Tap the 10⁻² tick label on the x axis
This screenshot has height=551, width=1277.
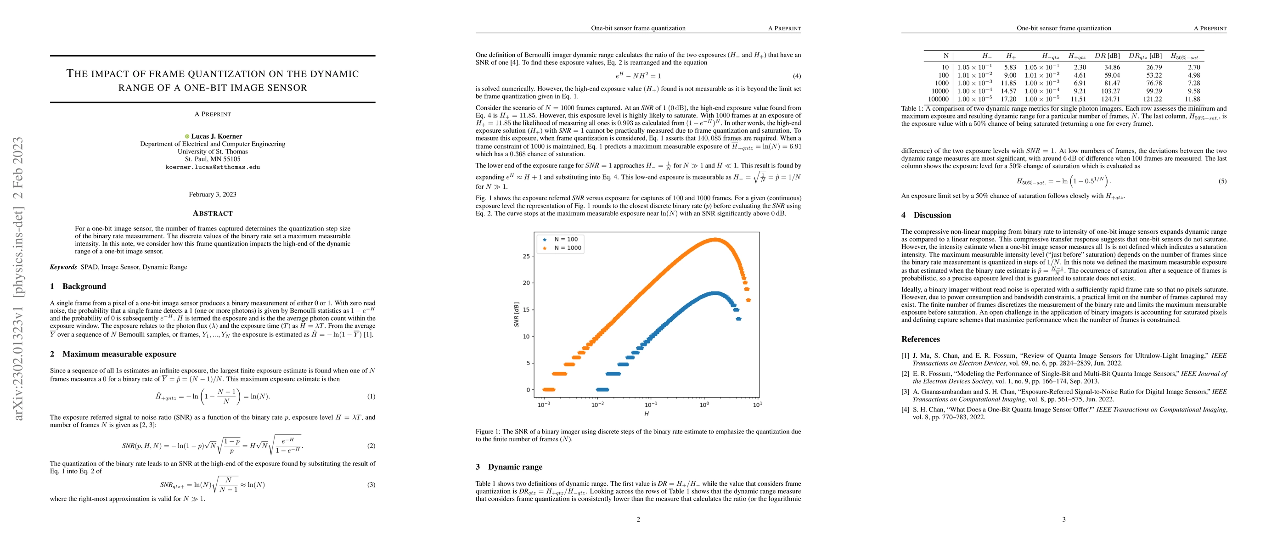[597, 405]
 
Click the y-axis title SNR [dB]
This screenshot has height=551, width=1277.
[517, 314]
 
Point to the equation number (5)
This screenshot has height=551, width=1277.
[1222, 181]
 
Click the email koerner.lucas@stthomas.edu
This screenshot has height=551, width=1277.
[212, 167]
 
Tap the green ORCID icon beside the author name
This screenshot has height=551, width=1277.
[187, 136]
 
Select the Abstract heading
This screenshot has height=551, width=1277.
[213, 214]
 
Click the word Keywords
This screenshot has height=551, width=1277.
[63, 267]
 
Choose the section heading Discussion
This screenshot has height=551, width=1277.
[932, 215]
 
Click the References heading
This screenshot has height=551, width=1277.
[920, 339]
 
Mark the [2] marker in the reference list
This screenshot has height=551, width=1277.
[905, 374]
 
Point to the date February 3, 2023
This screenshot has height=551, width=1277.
[212, 194]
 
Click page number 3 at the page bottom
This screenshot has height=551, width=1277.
[1063, 519]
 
